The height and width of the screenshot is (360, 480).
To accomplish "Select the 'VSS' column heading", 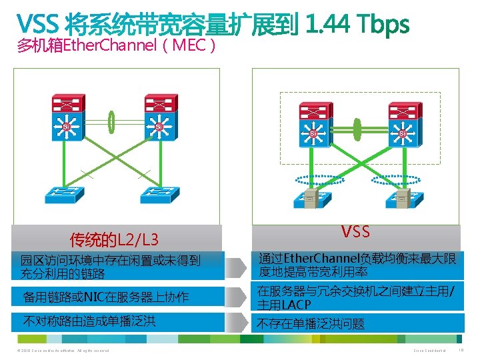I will pyautogui.click(x=355, y=232).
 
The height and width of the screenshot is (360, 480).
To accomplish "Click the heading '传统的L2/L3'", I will pyautogui.click(x=114, y=239).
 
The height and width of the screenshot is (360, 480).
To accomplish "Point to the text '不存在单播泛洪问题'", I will pyautogui.click(x=311, y=324).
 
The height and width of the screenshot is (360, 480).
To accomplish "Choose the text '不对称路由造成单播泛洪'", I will pyautogui.click(x=89, y=321).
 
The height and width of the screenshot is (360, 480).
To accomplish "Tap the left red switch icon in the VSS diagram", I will pyautogui.click(x=313, y=110).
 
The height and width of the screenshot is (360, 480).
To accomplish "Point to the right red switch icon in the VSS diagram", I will pyautogui.click(x=402, y=110).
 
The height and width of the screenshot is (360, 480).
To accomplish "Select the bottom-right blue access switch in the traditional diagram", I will pyautogui.click(x=158, y=193).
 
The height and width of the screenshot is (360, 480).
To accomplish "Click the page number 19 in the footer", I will pyautogui.click(x=462, y=350).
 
